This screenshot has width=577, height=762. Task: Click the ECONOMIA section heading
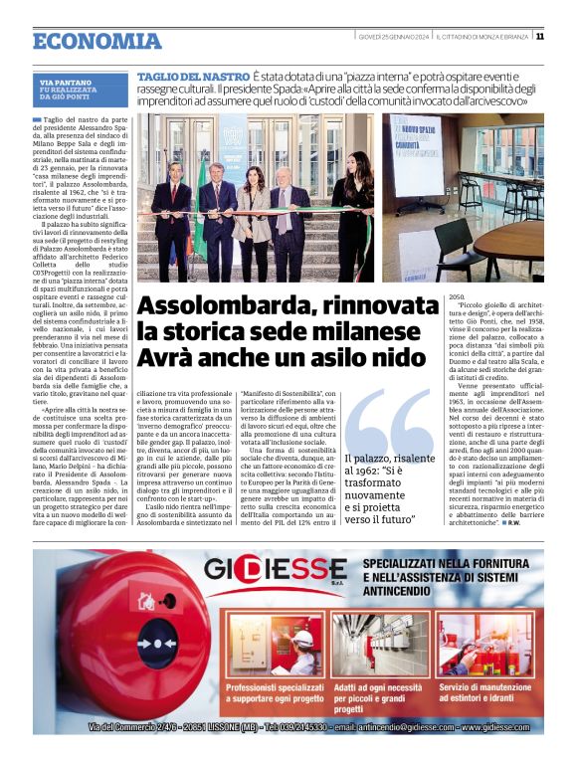coord(96,42)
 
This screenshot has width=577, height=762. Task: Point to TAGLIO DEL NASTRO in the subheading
coord(193,77)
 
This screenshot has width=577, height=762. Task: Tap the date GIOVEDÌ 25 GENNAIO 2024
coord(394,37)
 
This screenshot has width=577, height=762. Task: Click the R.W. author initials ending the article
coord(517,522)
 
